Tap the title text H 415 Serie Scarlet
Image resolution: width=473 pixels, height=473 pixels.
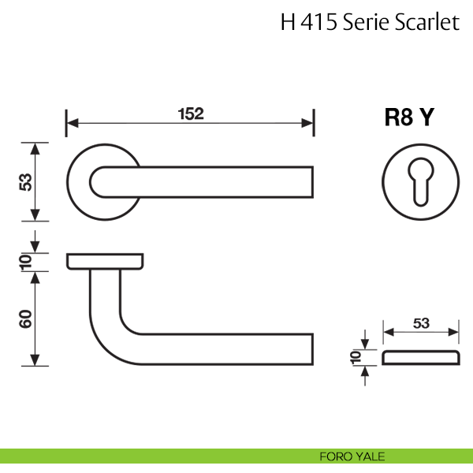(x=370, y=23)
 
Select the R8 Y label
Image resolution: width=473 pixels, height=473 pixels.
(x=408, y=117)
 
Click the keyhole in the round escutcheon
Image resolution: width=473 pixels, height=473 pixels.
(x=418, y=182)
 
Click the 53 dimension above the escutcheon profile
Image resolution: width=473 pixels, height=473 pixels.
(x=420, y=322)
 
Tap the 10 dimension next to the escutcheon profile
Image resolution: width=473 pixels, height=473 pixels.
(x=356, y=358)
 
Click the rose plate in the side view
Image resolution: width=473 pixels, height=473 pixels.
(x=105, y=261)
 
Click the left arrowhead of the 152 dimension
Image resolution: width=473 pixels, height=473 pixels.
(x=69, y=123)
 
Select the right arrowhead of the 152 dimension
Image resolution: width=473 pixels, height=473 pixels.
(x=311, y=123)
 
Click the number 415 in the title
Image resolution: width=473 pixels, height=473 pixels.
(x=318, y=23)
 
